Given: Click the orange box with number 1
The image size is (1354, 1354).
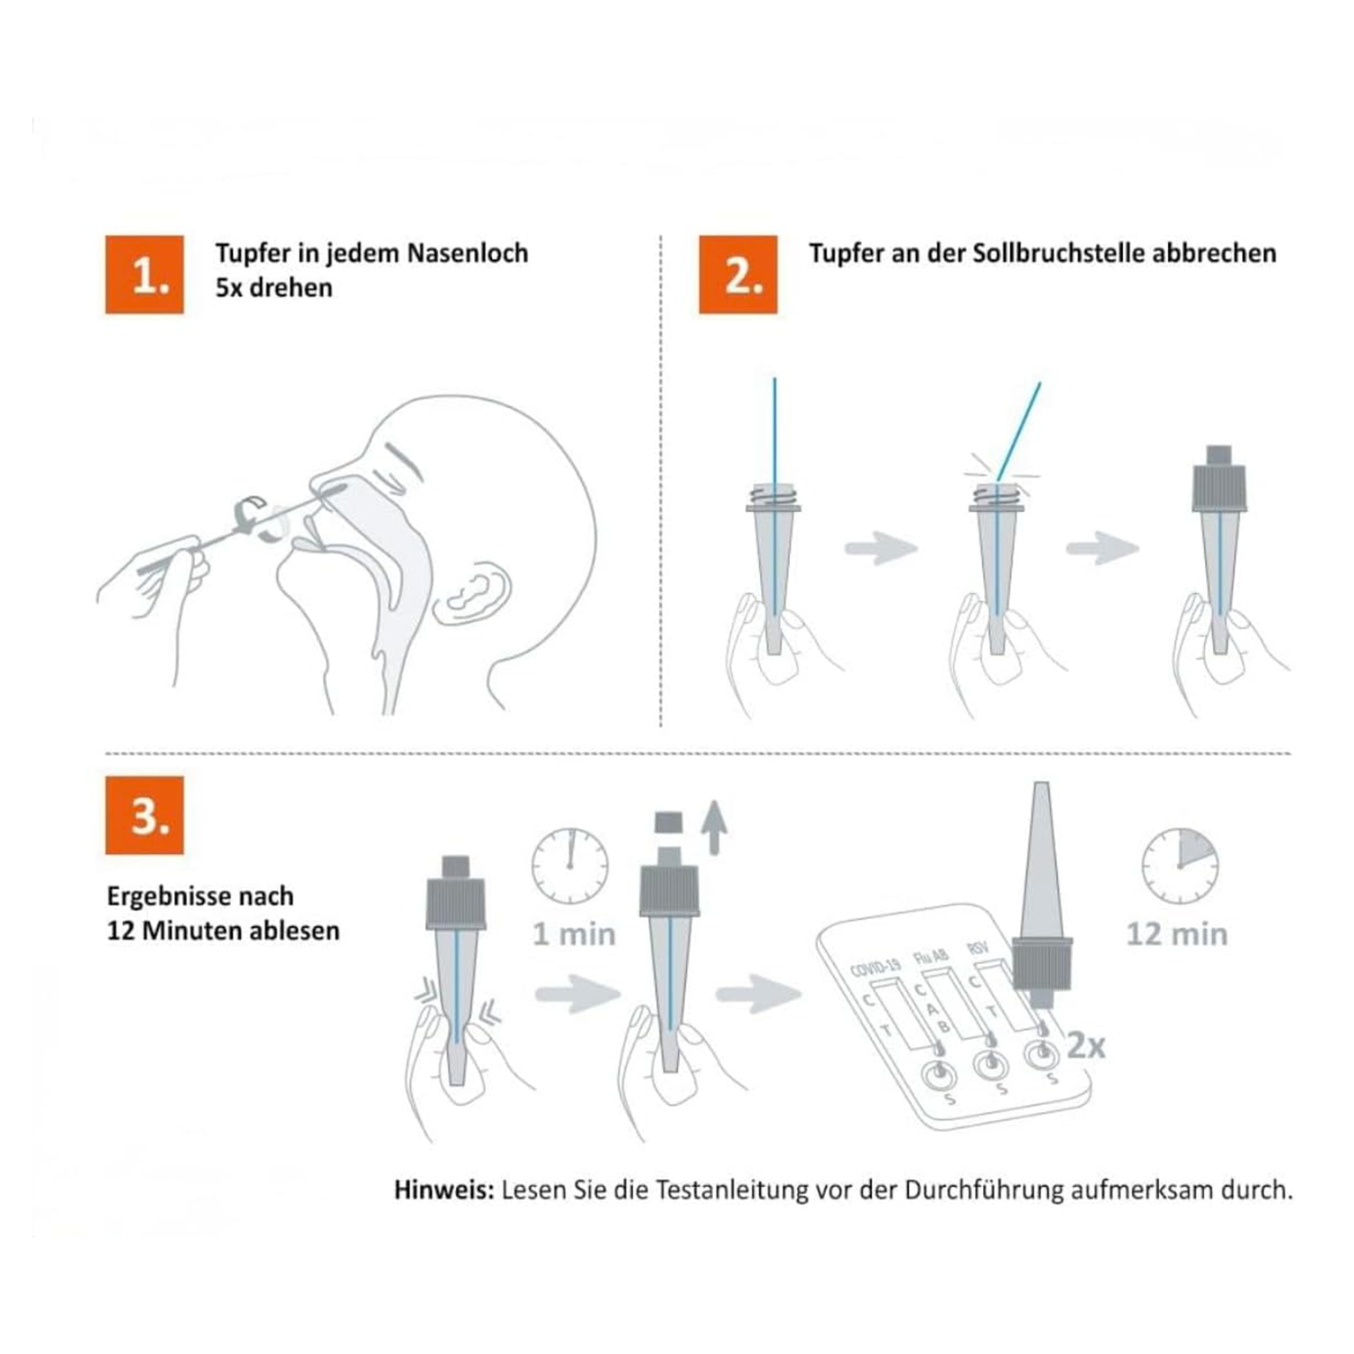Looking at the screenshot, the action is coord(144,274).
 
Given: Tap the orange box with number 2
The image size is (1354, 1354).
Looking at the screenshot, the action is coord(737,274).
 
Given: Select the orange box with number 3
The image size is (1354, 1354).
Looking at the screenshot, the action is coord(144,815).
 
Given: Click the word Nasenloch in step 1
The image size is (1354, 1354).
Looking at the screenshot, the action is coord(467,253).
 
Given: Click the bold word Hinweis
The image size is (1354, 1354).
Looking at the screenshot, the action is coord(444,1190).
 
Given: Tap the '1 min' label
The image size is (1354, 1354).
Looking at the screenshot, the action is coord(574,934).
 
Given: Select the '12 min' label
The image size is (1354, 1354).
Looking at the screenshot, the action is coord(1177,934).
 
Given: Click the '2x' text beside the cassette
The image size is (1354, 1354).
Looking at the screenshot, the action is coord(1086,1045).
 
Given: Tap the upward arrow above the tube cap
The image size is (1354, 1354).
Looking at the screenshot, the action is coord(714,826).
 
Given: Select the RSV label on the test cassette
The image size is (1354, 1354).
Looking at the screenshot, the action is coord(977,948).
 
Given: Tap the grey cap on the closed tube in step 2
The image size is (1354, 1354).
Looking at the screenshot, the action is coord(1220,479).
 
